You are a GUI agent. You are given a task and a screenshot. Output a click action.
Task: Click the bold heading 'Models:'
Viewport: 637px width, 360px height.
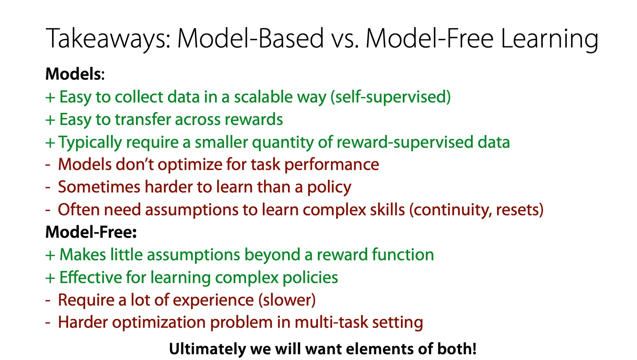pos(75,74)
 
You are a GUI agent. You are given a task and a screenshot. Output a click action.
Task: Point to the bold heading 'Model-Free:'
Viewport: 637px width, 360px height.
pos(91,232)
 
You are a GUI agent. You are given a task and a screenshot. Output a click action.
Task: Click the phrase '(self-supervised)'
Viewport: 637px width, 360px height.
pos(390,97)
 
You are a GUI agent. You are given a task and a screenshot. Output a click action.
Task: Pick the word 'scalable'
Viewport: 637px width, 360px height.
pos(263,97)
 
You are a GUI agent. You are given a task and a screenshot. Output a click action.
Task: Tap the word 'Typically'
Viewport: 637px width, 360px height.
pos(90,142)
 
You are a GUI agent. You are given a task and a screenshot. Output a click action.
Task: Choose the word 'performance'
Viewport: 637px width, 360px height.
pos(332,165)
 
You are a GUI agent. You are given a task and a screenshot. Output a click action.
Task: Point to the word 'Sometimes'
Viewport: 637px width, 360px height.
pos(99,187)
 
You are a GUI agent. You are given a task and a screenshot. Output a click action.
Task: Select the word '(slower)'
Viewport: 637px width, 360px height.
pos(287,300)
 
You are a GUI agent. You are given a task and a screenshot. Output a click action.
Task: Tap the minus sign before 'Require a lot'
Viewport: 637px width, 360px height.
pos(48,301)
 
